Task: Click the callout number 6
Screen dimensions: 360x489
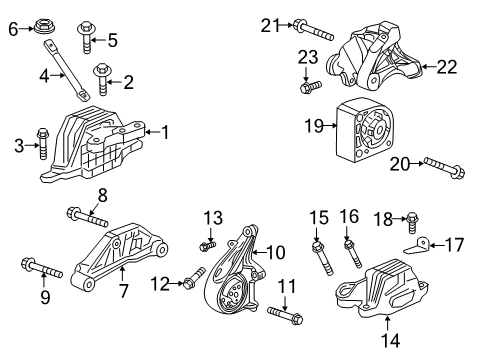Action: [x=13, y=30]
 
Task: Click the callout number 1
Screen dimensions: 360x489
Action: [x=166, y=131]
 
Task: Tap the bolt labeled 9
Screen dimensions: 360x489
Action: [x=41, y=267]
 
